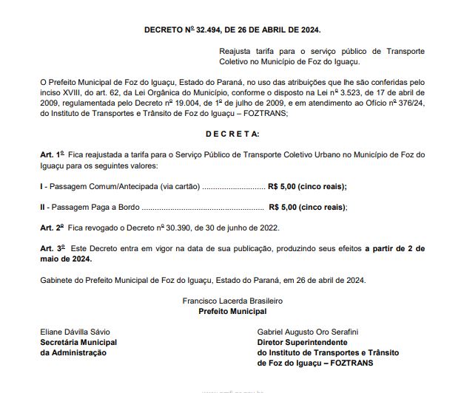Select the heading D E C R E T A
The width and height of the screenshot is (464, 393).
tap(232, 134)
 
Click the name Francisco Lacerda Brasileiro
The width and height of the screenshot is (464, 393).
tap(232, 301)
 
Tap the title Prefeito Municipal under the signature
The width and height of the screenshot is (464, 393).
tap(232, 312)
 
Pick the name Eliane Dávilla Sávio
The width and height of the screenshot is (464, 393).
tap(74, 333)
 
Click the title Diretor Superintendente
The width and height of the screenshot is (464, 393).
tap(302, 343)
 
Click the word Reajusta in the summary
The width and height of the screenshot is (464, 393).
tap(237, 52)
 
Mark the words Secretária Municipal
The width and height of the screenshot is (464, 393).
tap(78, 343)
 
